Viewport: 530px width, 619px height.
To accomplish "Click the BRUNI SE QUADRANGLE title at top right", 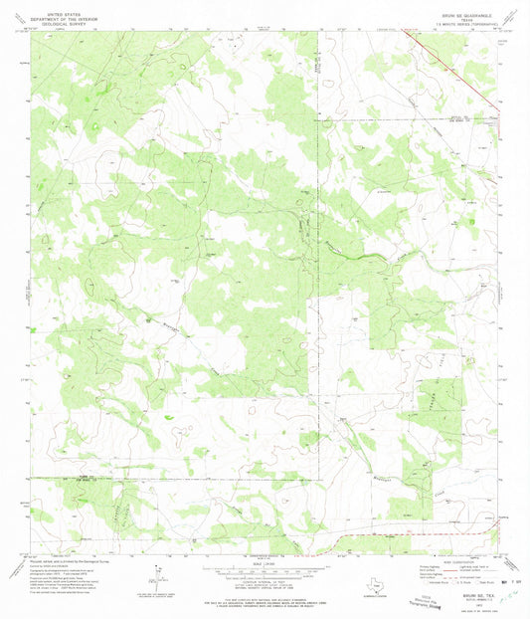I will click(x=458, y=7).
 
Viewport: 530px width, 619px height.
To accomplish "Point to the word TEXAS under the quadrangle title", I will click(x=458, y=12).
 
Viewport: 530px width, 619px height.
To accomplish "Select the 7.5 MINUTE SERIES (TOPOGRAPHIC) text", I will click(x=458, y=17).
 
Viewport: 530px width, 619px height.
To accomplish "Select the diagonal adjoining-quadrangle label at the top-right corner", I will click(x=511, y=15).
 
